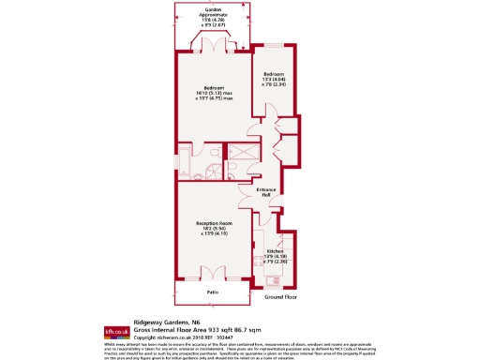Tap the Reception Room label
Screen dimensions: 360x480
[x=213, y=222]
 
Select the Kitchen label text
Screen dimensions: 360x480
[x=276, y=252]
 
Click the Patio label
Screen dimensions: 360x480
[x=213, y=292]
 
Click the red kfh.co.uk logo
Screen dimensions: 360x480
[x=115, y=331]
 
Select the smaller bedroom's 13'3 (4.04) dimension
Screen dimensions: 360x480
[x=274, y=79]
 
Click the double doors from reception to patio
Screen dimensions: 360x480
[x=213, y=272]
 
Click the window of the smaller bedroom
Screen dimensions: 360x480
[x=274, y=46]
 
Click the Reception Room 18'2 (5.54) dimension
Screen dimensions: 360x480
[x=213, y=228]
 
